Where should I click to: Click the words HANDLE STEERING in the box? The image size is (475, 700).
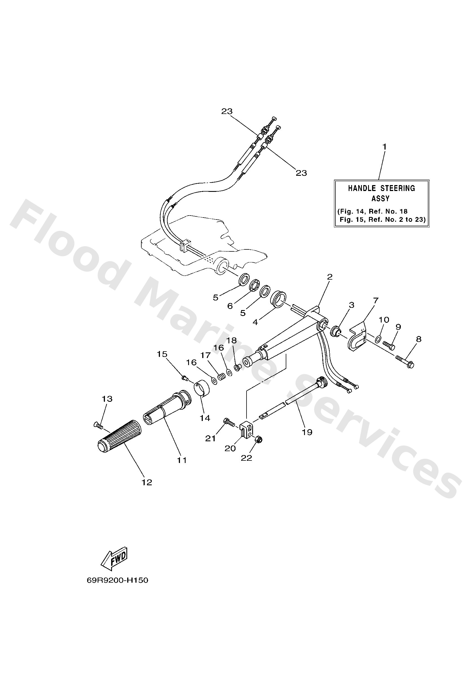pos(381,188)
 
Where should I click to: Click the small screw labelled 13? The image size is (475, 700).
pos(98,425)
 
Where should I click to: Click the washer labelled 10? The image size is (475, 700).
pos(378,340)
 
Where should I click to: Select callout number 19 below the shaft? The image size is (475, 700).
pos(307,432)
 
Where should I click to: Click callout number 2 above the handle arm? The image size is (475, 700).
pos(330,277)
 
